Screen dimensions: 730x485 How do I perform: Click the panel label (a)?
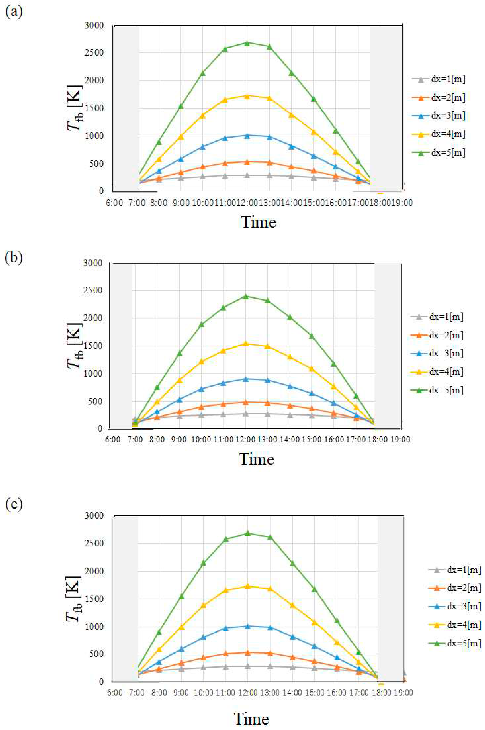pyautogui.click(x=14, y=12)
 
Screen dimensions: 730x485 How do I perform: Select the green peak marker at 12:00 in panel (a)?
pyautogui.click(x=247, y=43)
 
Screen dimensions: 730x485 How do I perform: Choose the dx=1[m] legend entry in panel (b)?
pyautogui.click(x=437, y=317)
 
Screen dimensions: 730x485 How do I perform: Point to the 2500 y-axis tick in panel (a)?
pyautogui.click(x=94, y=53)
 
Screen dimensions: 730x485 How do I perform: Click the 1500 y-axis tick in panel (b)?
pyautogui.click(x=93, y=346)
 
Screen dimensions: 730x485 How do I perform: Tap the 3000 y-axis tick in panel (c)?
pyautogui.click(x=94, y=516)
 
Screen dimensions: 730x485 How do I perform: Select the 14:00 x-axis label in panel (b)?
pyautogui.click(x=290, y=440)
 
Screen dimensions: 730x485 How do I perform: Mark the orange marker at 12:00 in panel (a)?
pyautogui.click(x=247, y=162)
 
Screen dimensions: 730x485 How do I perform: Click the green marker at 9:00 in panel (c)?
pyautogui.click(x=181, y=596)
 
